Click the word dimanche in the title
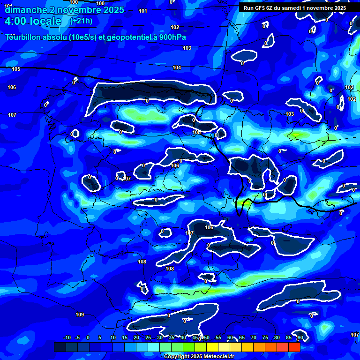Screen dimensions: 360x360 (24, 10)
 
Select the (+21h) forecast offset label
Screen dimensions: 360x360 (81, 21)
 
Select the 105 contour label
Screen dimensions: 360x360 (16, 69)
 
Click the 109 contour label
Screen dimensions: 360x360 (80, 315)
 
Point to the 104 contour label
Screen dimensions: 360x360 (177, 68)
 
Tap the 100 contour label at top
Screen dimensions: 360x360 (74, 2)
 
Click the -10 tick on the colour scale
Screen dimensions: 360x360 (67, 337)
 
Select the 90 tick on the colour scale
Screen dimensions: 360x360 (300, 337)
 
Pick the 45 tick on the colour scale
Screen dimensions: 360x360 (195, 337)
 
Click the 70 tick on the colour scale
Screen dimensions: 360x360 (254, 337)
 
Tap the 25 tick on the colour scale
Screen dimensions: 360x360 (148, 337)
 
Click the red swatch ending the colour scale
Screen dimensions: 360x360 (294, 347)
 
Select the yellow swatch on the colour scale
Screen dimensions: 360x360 (212, 347)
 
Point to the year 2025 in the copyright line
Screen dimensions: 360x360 (191, 356)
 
